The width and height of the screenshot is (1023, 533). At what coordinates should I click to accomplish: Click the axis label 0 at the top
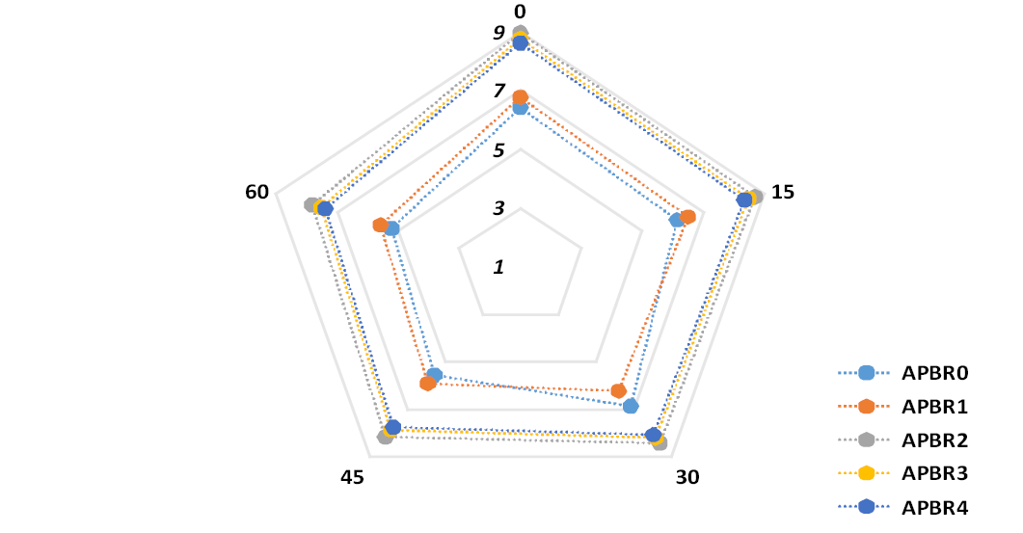click(520, 12)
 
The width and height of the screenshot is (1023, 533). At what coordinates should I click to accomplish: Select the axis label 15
click(782, 192)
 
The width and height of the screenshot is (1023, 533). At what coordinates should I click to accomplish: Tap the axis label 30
click(687, 477)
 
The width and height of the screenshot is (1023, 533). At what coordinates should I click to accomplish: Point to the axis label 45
click(352, 477)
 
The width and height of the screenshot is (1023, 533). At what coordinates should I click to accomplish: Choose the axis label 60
click(257, 192)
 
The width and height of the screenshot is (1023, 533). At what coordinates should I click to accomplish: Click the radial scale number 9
click(499, 33)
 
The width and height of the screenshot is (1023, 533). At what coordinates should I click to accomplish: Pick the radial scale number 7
click(499, 91)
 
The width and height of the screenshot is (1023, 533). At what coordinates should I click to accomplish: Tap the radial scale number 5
click(499, 150)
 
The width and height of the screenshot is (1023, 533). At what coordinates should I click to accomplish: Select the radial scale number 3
click(499, 208)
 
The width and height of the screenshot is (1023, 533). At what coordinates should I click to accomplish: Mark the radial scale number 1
click(499, 267)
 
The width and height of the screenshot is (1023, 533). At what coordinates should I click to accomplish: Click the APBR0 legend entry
click(903, 373)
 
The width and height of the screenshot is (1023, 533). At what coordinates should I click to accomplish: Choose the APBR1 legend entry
click(903, 407)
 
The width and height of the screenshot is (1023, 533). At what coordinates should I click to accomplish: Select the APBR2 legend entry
click(903, 440)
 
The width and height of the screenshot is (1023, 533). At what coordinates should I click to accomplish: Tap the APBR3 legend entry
click(903, 473)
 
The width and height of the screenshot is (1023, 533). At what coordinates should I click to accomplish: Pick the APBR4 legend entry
click(903, 508)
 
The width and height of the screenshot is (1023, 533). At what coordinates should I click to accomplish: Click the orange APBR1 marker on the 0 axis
click(520, 98)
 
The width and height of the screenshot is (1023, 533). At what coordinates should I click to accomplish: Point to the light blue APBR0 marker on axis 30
click(631, 407)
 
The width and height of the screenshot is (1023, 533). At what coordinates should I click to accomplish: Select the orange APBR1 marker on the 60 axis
click(381, 226)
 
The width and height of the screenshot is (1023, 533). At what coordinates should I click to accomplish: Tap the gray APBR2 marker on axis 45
click(386, 437)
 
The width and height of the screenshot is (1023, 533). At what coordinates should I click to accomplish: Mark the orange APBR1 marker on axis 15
click(687, 217)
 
